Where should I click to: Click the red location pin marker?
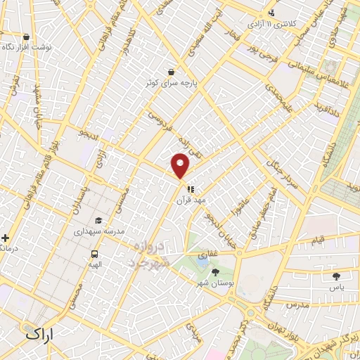[181, 165]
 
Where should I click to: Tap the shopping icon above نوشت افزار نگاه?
[27, 37]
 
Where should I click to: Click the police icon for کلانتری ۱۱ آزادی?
[271, 12]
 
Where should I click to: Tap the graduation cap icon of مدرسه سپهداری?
[98, 221]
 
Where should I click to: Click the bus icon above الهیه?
[94, 254]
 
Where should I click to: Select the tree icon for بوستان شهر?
[214, 272]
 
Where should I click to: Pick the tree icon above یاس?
[335, 276]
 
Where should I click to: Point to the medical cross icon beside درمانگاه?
[6, 238]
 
